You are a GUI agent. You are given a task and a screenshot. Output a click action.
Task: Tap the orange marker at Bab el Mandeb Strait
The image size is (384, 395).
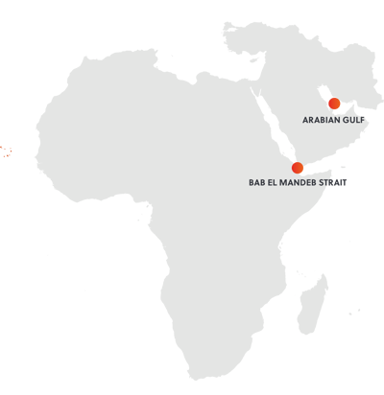pyautogui.click(x=297, y=168)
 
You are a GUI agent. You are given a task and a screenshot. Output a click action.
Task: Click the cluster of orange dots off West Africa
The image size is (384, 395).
pyautogui.click(x=4, y=151)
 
